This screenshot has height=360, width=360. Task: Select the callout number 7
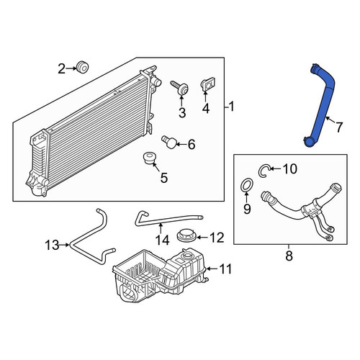pos(338,127)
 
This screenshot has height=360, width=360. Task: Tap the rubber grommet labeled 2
pos(82,67)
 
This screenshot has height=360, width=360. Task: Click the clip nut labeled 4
pos(207,84)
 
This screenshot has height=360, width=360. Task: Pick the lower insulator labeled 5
pos(149,158)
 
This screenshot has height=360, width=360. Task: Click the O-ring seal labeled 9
pos(246,185)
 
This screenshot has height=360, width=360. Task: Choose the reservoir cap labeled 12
pos(186,235)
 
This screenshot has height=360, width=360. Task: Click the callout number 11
pos(225,269)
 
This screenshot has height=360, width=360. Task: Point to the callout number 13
pos(52,245)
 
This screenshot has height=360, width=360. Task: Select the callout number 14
pos(162,240)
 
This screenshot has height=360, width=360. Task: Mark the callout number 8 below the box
pos(289,256)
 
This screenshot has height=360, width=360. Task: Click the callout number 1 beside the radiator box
pos(231,107)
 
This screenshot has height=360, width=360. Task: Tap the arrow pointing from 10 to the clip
pos(275,169)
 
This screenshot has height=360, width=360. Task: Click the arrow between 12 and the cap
pos(202,238)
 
